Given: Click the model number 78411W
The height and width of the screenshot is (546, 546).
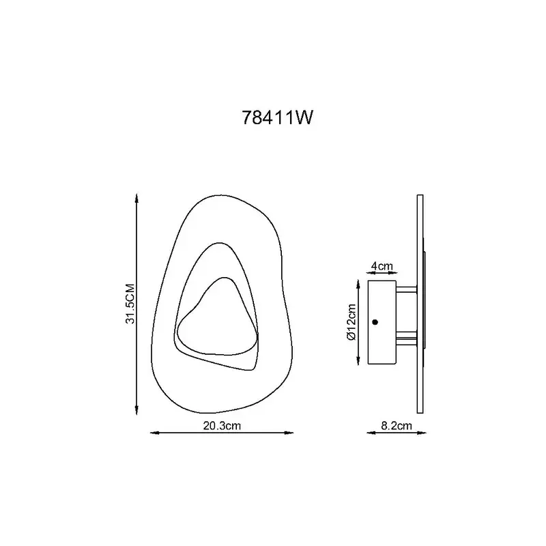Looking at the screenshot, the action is tap(278, 117).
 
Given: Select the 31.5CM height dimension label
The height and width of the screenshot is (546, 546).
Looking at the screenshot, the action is tap(130, 304).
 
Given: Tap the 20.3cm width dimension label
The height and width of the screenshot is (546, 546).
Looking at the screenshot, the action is tap(222, 425).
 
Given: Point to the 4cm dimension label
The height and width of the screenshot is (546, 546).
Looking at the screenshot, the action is tap(382, 266).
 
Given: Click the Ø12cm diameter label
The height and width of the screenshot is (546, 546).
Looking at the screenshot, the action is tap(351, 322).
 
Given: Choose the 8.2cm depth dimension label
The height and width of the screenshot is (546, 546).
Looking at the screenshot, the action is tap(397, 425).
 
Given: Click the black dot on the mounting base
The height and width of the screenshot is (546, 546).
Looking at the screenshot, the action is tap(375, 322).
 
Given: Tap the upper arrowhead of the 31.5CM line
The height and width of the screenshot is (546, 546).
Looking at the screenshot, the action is tap(137, 199).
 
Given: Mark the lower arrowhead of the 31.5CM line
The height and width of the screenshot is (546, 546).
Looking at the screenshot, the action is tap(137, 409).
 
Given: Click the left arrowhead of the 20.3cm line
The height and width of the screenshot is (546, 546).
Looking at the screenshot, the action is tap(155, 433).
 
